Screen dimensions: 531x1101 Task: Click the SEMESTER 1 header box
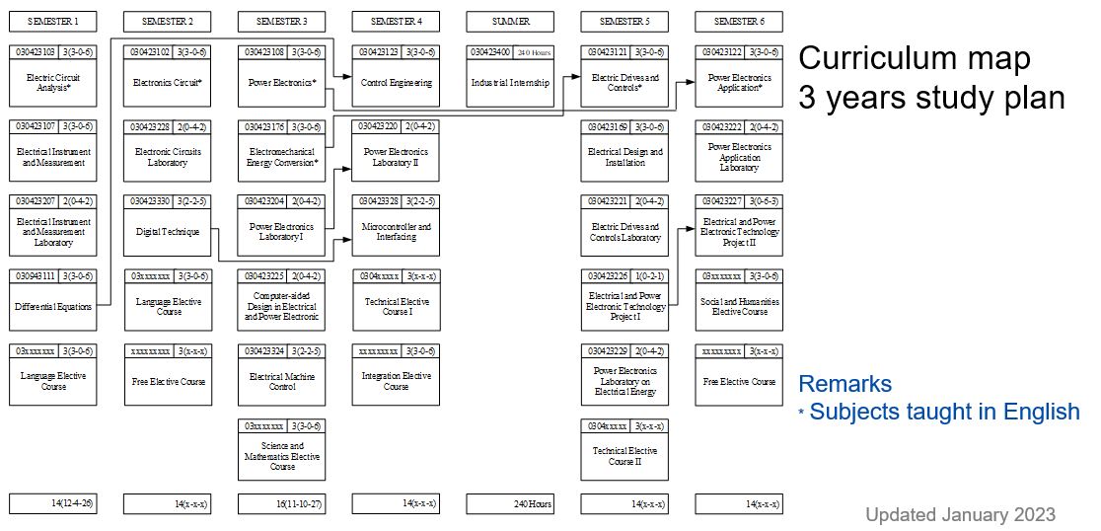53,21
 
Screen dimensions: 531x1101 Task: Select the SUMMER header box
510,21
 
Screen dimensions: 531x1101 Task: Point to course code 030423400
491,51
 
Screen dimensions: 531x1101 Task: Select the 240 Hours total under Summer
510,504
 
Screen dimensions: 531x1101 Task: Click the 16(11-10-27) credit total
281,504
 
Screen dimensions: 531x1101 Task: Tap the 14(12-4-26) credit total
53,504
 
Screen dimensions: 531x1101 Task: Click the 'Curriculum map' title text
914,58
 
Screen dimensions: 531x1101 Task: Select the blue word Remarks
844,384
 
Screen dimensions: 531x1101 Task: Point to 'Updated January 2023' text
960,514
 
